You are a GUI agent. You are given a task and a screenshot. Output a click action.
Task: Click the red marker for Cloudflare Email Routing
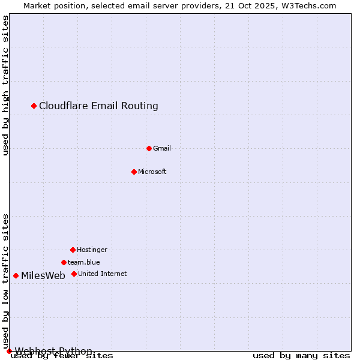point(34,106)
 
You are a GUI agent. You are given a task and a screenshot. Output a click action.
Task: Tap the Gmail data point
point(149,148)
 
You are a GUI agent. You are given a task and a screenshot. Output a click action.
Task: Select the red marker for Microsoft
point(134,172)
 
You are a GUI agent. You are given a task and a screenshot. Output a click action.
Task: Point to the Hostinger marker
point(73,250)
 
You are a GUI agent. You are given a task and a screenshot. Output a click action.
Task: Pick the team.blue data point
point(64,262)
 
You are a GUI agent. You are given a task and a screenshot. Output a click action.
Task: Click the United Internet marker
point(74,274)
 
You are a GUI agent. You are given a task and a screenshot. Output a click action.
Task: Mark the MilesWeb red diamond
point(16,275)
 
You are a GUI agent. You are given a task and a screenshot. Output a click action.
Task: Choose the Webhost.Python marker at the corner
point(9,351)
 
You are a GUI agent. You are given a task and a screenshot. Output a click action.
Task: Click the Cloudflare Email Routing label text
point(98,106)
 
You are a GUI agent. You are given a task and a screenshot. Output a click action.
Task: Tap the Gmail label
point(162,148)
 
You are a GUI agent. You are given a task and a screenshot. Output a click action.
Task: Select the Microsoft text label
point(152,172)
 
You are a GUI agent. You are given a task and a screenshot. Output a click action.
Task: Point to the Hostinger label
point(92,250)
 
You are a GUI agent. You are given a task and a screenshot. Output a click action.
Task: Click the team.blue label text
point(84,262)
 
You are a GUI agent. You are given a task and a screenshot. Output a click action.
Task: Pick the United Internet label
point(103,274)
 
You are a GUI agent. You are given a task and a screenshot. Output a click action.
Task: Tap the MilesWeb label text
point(43,276)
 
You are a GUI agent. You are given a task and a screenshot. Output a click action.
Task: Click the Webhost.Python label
point(54,351)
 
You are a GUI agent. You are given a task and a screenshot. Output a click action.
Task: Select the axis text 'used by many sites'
point(301,356)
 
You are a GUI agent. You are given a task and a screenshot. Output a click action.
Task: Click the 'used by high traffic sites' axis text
point(5,85)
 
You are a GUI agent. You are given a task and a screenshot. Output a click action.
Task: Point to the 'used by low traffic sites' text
point(5,281)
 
